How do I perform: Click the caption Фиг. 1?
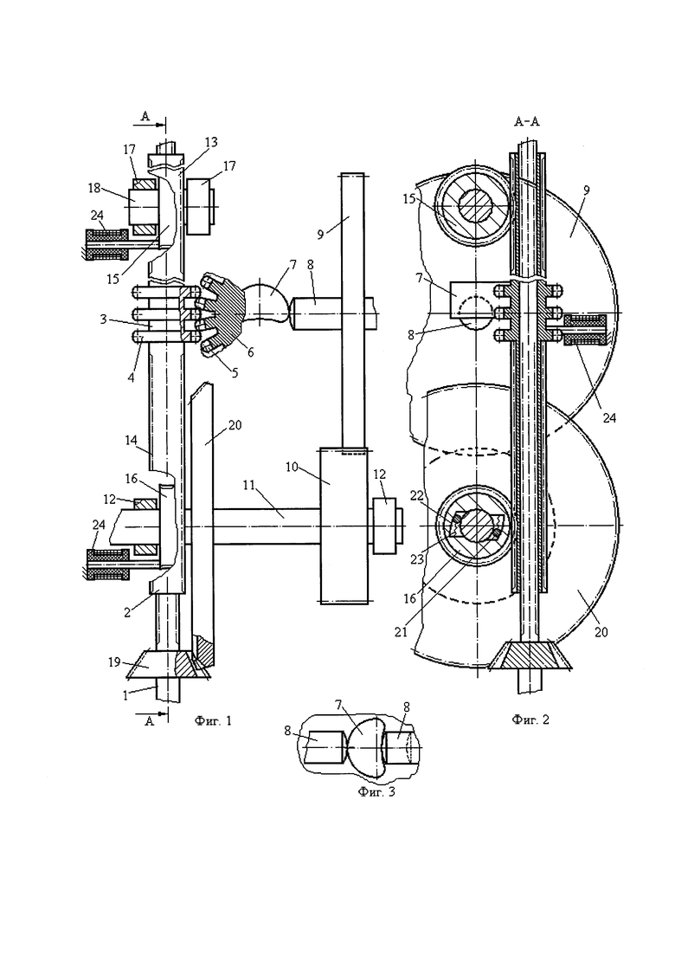click(213, 721)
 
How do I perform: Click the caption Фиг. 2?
click(530, 719)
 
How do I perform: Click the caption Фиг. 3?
click(376, 792)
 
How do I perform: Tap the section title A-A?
click(526, 122)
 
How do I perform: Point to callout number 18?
click(94, 188)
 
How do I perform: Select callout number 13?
click(211, 142)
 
